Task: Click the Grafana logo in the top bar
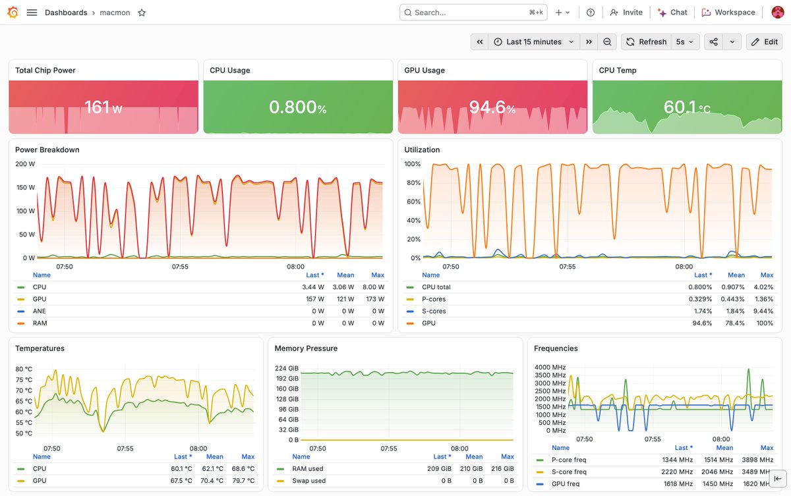[x=13, y=13]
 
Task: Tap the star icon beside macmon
[x=142, y=13]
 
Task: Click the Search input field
[x=473, y=13]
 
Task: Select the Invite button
[x=626, y=13]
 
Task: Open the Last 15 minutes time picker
[x=533, y=41]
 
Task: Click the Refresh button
[x=646, y=41]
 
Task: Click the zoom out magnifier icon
[x=607, y=41]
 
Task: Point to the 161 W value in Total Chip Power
[x=103, y=107]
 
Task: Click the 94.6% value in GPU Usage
[x=492, y=107]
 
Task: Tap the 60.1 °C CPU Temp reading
[x=687, y=107]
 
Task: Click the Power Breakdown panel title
[x=47, y=150]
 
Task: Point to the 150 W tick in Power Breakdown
[x=26, y=187]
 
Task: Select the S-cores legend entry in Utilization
[x=434, y=311]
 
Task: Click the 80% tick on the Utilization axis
[x=413, y=182]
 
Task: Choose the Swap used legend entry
[x=309, y=480]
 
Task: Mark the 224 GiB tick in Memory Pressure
[x=287, y=368]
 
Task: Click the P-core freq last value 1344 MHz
[x=678, y=460]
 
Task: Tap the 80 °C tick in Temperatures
[x=24, y=369]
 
